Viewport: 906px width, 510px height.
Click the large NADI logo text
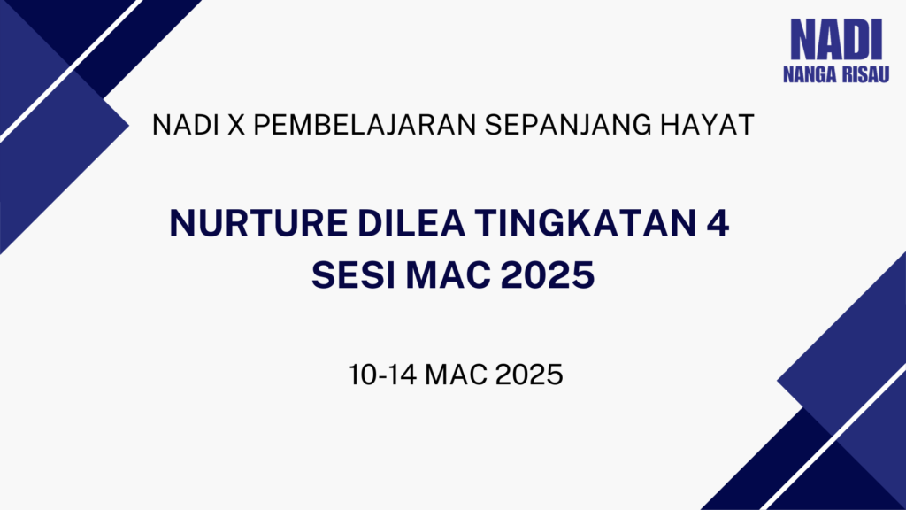pyautogui.click(x=836, y=39)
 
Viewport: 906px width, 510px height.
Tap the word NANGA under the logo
pyautogui.click(x=810, y=74)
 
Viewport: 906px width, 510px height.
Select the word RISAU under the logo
pyautogui.click(x=865, y=74)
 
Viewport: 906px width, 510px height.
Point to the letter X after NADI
pyautogui.click(x=236, y=125)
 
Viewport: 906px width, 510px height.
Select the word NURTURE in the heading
pyautogui.click(x=259, y=223)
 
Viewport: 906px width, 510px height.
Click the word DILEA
pyautogui.click(x=411, y=223)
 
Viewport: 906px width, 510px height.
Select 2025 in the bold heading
pyautogui.click(x=548, y=275)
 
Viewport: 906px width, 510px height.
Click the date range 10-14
pyautogui.click(x=382, y=375)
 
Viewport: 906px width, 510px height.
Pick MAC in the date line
pyautogui.click(x=457, y=375)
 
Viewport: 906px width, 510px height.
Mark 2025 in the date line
pyautogui.click(x=529, y=375)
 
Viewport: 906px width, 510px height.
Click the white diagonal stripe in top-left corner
pyautogui.click(x=71, y=71)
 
